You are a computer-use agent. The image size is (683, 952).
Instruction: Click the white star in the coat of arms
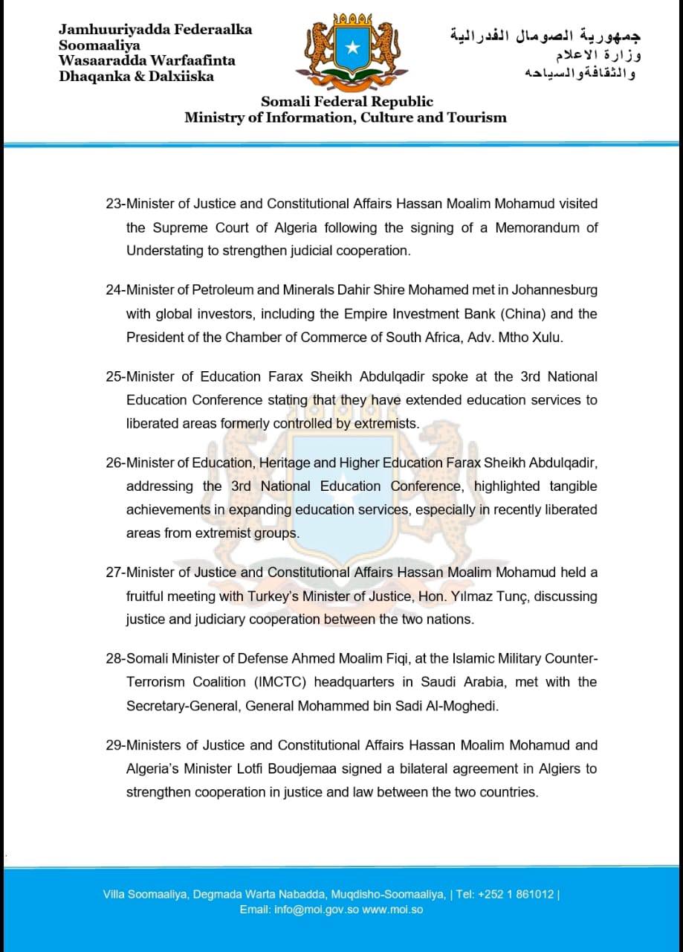click(353, 48)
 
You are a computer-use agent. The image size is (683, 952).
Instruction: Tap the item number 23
click(114, 204)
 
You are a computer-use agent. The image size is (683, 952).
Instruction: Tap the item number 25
click(114, 376)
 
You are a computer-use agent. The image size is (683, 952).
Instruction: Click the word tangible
click(573, 486)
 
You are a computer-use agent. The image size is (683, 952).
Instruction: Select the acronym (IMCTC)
click(285, 682)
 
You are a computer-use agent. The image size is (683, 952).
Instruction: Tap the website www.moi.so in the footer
click(392, 910)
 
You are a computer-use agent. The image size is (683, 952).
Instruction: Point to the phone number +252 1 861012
click(516, 894)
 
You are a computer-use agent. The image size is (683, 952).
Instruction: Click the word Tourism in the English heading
click(476, 118)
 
